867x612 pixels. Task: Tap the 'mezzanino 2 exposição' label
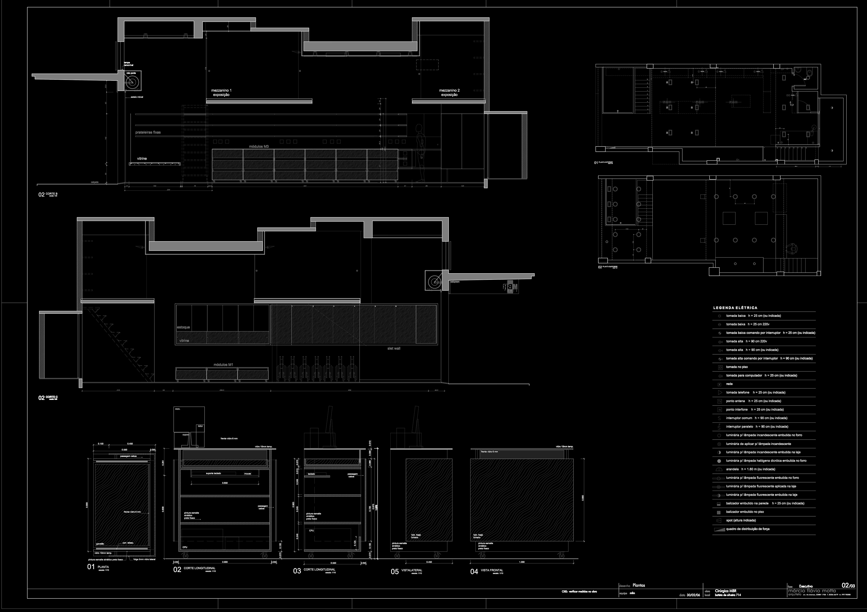coord(449,93)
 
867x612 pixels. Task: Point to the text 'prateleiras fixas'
coord(148,132)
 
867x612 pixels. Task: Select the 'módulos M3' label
coord(259,146)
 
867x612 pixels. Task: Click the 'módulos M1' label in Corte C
coord(223,365)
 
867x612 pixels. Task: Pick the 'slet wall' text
coord(394,348)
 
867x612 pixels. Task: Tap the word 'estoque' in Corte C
coord(184,327)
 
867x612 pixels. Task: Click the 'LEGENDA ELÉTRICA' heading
coord(735,308)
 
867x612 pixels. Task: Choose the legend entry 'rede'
coord(729,384)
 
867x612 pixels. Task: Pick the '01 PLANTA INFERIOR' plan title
coord(609,163)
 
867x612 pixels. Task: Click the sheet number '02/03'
coord(848,586)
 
